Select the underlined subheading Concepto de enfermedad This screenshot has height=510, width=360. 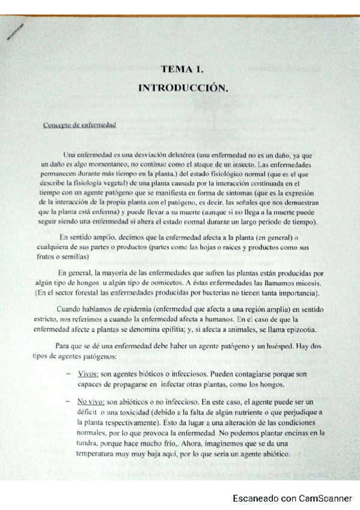[79, 125]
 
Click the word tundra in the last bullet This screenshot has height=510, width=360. [88, 443]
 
